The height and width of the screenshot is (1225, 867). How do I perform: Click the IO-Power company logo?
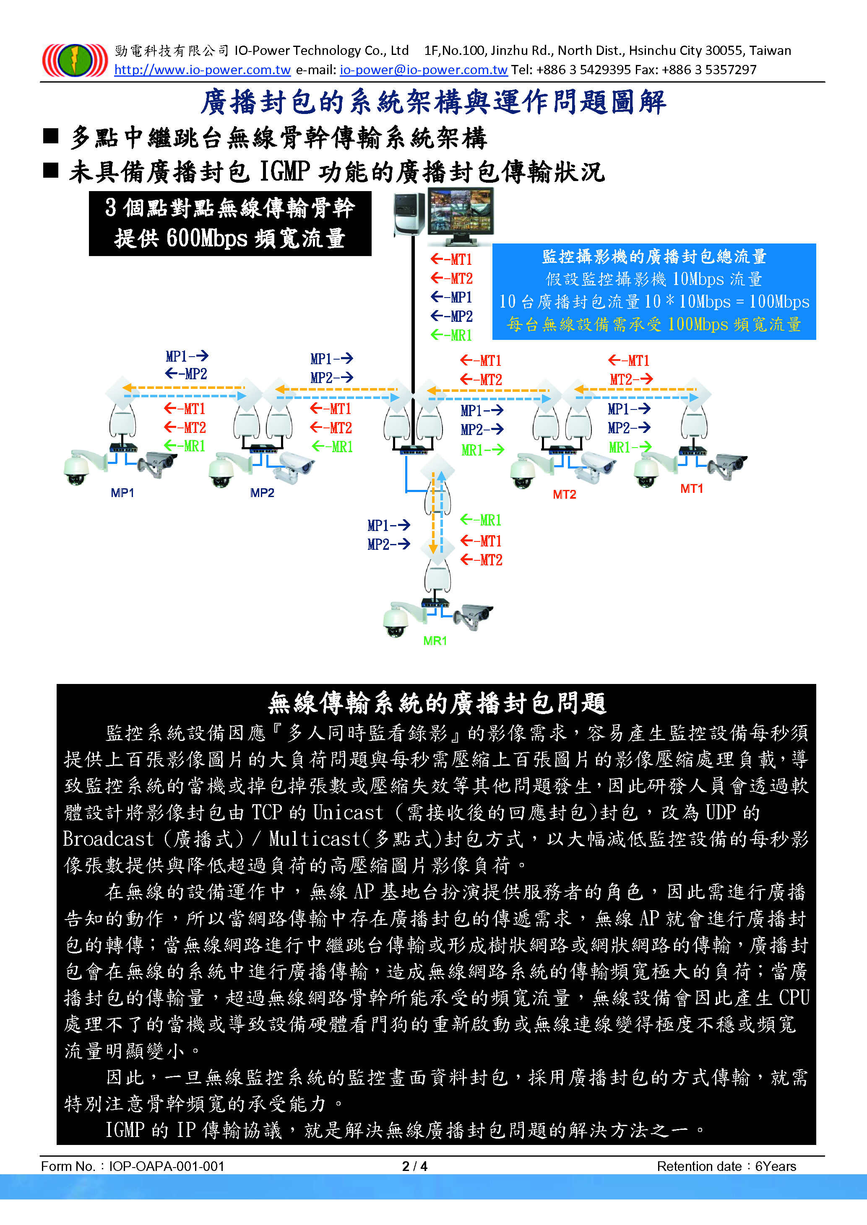(x=75, y=60)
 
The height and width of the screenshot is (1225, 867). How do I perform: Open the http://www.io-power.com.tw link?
(x=202, y=70)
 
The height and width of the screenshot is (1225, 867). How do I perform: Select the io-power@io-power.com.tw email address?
(x=423, y=70)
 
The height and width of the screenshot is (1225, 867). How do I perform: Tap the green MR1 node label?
(x=435, y=641)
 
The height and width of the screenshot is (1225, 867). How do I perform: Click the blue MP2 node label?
(x=262, y=493)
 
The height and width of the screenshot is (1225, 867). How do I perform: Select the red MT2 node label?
(x=564, y=495)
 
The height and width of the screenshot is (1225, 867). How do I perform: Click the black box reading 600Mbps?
(x=230, y=223)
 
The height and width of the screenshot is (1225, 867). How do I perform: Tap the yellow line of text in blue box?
(x=654, y=324)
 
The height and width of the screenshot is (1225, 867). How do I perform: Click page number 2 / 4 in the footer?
(x=415, y=1166)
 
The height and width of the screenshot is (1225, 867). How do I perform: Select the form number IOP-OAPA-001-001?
(x=167, y=1166)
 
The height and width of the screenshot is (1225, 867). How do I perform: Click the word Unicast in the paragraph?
(x=348, y=813)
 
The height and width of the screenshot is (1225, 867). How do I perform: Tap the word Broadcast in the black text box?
(x=108, y=839)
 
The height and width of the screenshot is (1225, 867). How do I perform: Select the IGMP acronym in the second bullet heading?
(x=284, y=172)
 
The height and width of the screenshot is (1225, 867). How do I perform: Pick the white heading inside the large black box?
(x=437, y=703)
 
